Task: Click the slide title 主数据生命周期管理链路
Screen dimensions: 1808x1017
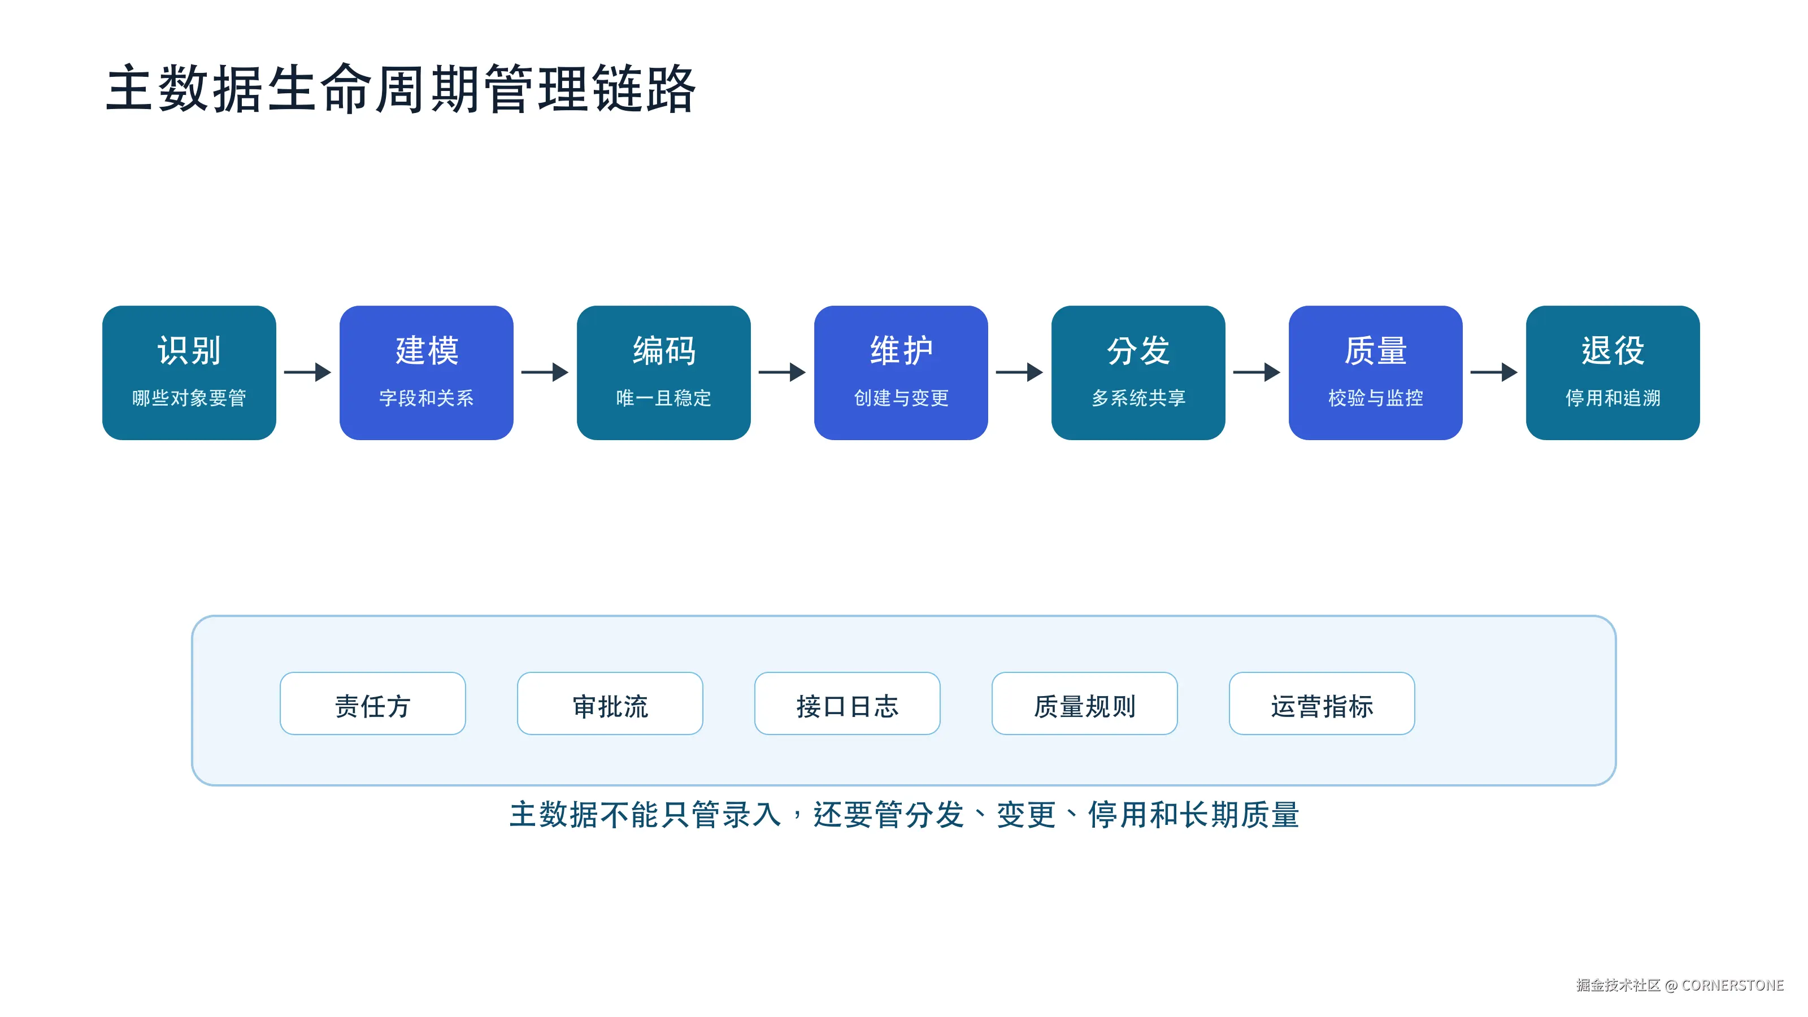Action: point(401,89)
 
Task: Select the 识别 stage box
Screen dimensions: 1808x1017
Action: point(189,373)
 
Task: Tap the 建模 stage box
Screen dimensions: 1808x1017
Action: point(427,373)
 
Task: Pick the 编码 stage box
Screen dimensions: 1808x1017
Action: point(664,373)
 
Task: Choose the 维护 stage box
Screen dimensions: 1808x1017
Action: point(901,373)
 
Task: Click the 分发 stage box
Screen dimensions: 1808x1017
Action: point(1138,373)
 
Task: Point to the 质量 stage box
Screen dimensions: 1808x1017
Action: point(1376,373)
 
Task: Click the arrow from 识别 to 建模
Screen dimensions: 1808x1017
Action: point(307,372)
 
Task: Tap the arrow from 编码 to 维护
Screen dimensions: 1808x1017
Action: point(782,372)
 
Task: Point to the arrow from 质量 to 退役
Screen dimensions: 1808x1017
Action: point(1493,372)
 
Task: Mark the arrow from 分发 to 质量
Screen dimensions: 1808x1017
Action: point(1257,372)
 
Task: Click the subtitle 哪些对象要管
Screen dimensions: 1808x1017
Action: point(189,398)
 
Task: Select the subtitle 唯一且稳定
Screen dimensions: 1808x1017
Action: point(664,398)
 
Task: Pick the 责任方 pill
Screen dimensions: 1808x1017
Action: point(373,703)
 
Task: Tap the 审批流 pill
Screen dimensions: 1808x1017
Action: point(610,703)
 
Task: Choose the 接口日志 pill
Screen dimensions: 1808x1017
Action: point(847,703)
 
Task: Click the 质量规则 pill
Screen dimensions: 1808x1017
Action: point(1084,703)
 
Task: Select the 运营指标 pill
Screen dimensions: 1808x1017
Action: point(1322,703)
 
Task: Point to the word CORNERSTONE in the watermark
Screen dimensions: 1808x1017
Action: point(1732,985)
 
